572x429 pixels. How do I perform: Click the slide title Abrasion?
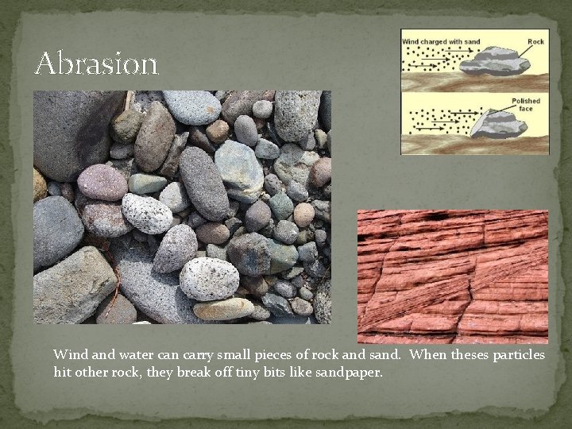96,63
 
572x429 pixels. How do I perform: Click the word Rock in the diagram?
536,41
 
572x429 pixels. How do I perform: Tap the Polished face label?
524,105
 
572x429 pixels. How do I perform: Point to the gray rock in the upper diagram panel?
496,60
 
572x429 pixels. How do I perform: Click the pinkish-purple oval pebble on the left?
101,181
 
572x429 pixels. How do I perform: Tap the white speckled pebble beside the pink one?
146,213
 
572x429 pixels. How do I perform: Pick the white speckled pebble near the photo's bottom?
209,278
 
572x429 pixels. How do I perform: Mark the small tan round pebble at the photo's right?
303,214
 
